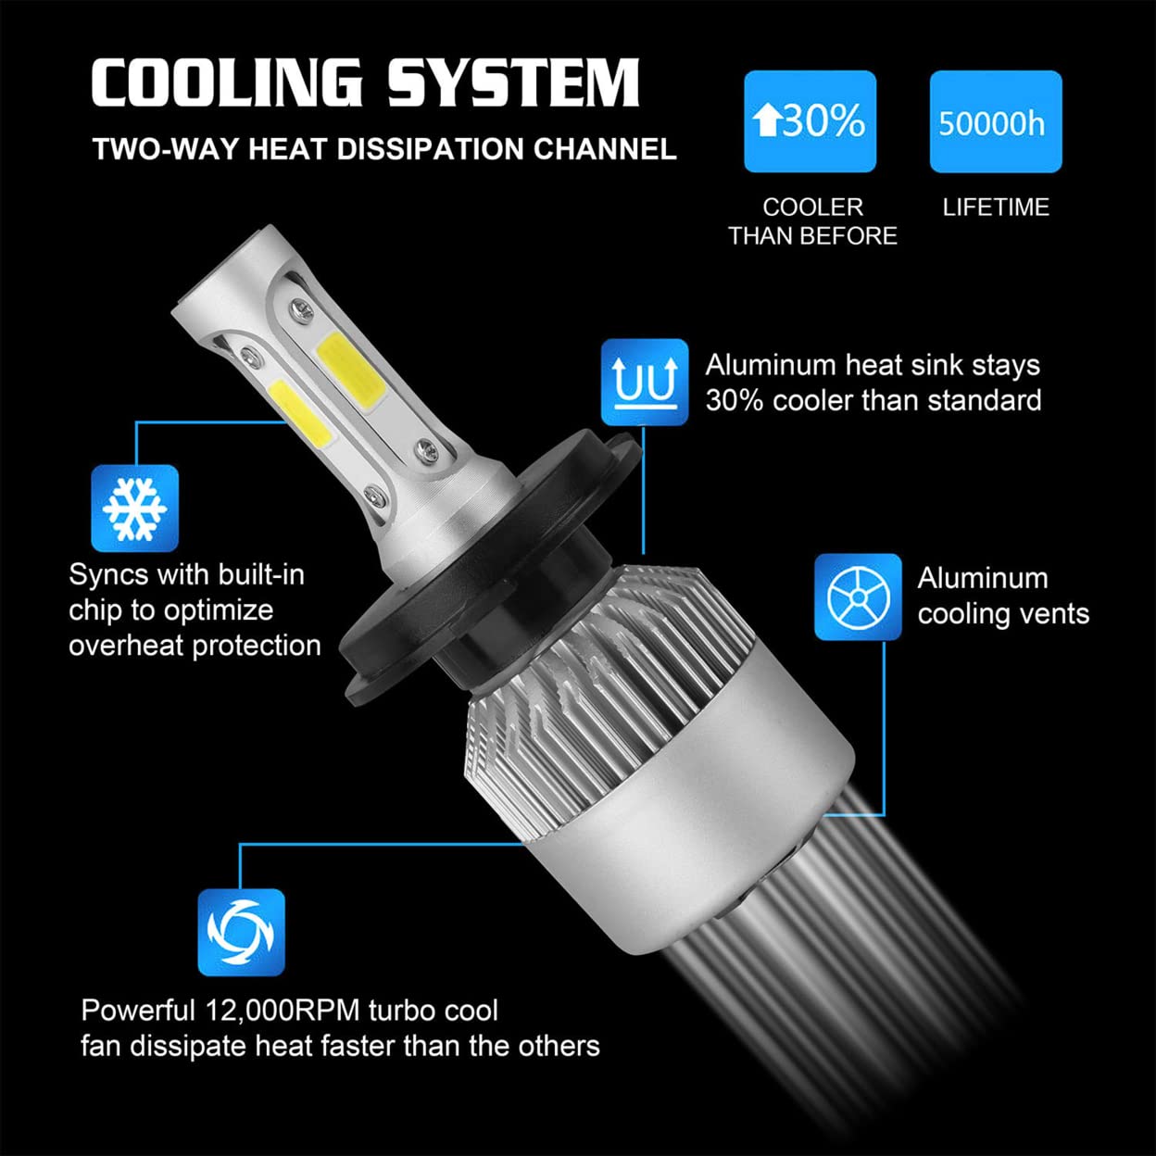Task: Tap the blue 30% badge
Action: pos(810,121)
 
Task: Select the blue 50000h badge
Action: pos(995,121)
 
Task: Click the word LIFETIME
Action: pos(996,207)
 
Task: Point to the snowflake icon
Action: pos(134,509)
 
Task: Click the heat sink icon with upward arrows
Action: pos(645,382)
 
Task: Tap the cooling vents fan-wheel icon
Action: pos(858,597)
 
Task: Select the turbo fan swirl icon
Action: pos(241,932)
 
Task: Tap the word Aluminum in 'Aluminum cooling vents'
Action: pos(983,578)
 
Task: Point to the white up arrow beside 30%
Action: pos(766,120)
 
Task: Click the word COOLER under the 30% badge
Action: pos(812,207)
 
